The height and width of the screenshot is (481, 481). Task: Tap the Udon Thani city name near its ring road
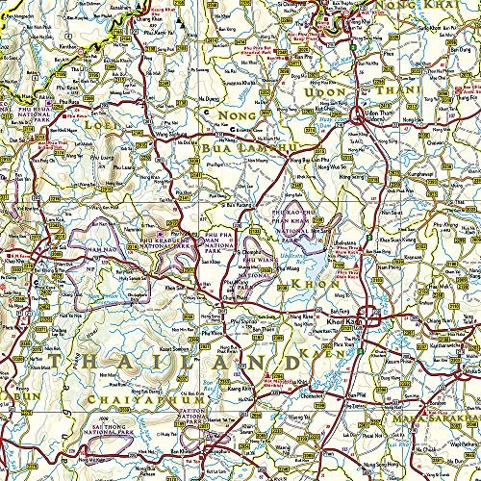point(382,115)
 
